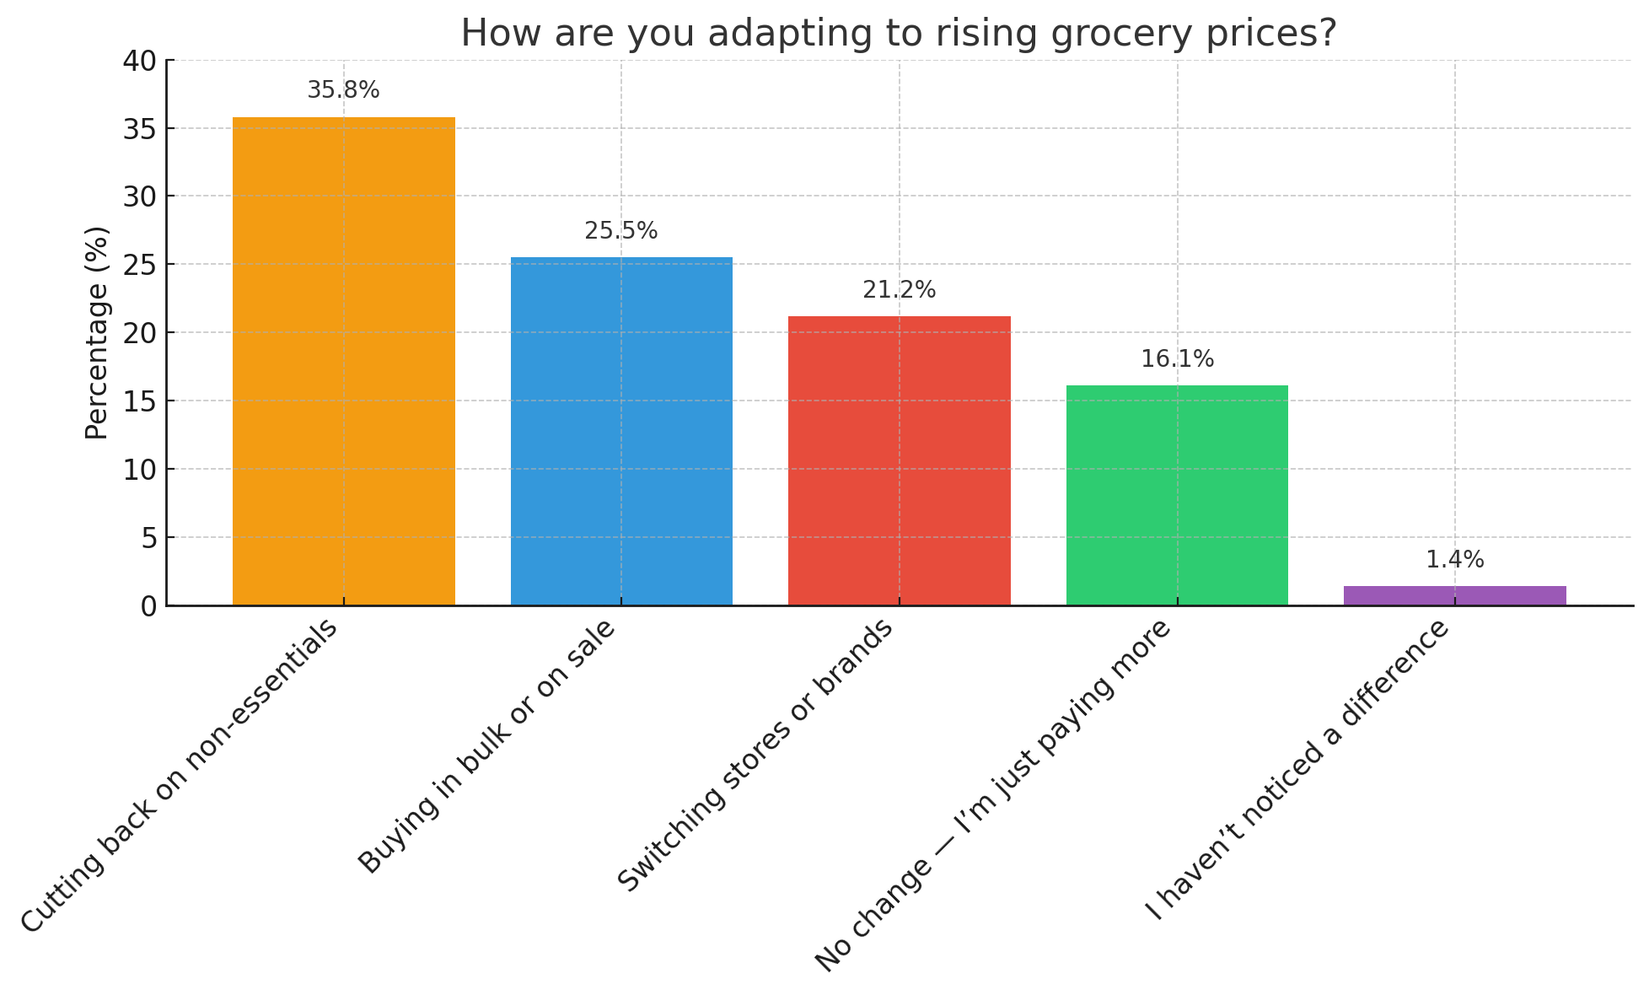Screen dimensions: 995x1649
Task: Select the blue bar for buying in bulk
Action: click(x=621, y=431)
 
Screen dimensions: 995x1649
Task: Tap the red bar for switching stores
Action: click(x=900, y=460)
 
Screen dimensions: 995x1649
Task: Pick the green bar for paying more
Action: click(x=1177, y=495)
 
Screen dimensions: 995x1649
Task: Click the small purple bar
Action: click(x=1454, y=595)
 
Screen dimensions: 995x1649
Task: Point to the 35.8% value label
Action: click(x=343, y=90)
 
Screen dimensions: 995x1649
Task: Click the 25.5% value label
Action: click(x=621, y=231)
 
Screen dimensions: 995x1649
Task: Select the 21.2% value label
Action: click(x=900, y=290)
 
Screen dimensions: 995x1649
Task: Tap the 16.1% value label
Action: click(x=1177, y=359)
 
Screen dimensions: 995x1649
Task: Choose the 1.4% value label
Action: click(x=1454, y=560)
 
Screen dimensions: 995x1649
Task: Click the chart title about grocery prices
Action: click(x=899, y=34)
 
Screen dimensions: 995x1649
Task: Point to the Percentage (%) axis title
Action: click(x=97, y=332)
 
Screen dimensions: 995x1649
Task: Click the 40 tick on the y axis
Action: click(x=139, y=61)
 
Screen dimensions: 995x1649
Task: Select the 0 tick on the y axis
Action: click(x=148, y=606)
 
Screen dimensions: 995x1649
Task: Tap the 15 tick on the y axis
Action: click(x=139, y=401)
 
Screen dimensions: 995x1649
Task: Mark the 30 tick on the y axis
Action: click(x=139, y=196)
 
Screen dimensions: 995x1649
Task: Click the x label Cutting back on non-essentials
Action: click(x=180, y=776)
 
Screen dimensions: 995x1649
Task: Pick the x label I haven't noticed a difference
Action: click(x=1297, y=771)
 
